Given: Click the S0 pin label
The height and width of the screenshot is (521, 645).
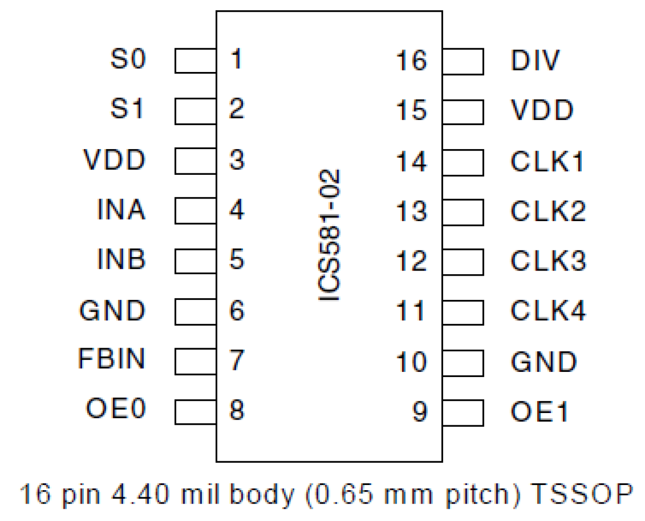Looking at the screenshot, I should [128, 59].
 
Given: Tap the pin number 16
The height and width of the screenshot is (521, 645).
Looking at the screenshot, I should [411, 61].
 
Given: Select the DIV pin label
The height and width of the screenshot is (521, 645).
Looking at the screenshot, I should [535, 61].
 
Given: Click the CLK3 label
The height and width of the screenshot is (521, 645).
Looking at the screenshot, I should [548, 261].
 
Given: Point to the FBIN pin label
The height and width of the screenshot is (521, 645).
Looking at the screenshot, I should [112, 358].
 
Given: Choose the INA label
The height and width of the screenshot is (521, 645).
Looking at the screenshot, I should [121, 210].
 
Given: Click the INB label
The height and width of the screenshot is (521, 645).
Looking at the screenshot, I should [121, 259].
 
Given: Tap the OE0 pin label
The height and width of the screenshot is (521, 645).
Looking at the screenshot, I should [116, 409].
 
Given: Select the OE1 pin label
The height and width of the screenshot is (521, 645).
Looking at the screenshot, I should [539, 412].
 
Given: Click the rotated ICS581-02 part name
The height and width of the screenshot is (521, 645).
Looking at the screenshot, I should [329, 236].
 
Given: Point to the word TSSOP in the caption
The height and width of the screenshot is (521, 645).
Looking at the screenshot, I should [581, 494].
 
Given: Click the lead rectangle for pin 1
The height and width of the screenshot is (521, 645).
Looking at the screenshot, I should [195, 61].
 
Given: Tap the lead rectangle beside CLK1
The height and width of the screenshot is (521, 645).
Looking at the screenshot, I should [463, 163].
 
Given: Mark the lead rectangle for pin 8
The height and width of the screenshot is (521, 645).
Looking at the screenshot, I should [195, 412].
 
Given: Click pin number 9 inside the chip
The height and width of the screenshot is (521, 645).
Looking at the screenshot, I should [420, 411].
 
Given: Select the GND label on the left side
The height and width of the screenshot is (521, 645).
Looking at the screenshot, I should [112, 311].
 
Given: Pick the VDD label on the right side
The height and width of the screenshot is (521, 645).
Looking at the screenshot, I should [542, 110].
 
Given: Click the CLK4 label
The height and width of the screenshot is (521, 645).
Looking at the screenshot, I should [548, 311].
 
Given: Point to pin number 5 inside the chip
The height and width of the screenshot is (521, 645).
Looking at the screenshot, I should [236, 259].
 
